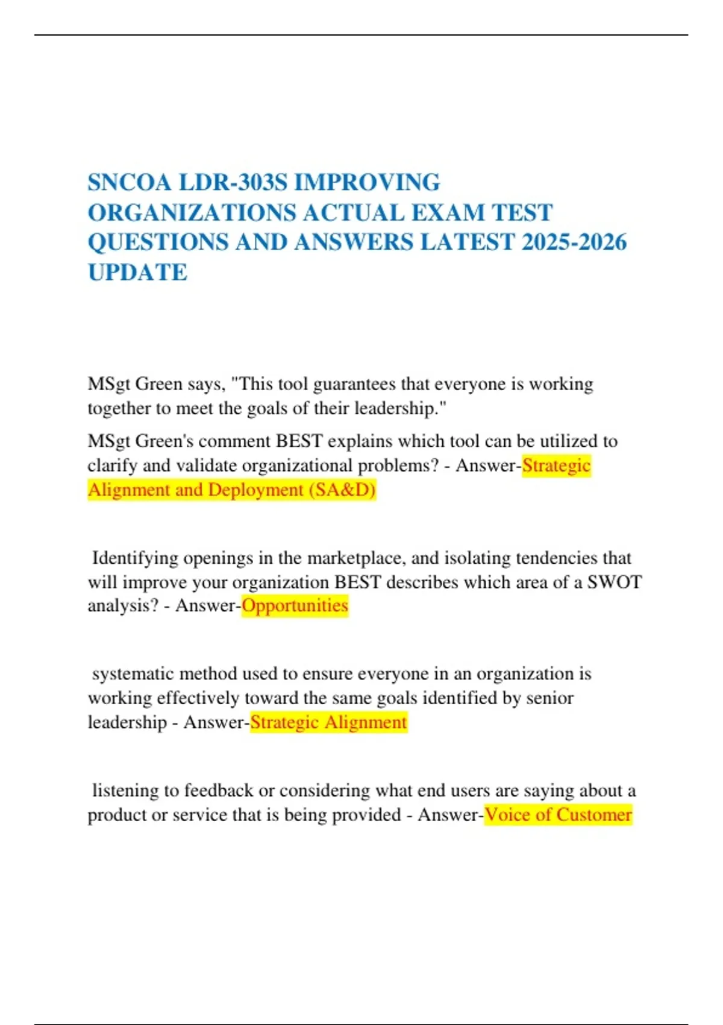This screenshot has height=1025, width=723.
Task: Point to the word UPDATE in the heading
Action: (137, 273)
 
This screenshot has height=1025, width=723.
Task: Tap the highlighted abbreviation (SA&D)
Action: (342, 490)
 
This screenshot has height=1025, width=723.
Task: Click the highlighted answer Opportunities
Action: (295, 605)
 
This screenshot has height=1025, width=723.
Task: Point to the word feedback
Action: (218, 790)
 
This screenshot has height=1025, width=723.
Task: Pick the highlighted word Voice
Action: (507, 815)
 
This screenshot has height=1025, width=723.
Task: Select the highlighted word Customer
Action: (593, 815)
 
